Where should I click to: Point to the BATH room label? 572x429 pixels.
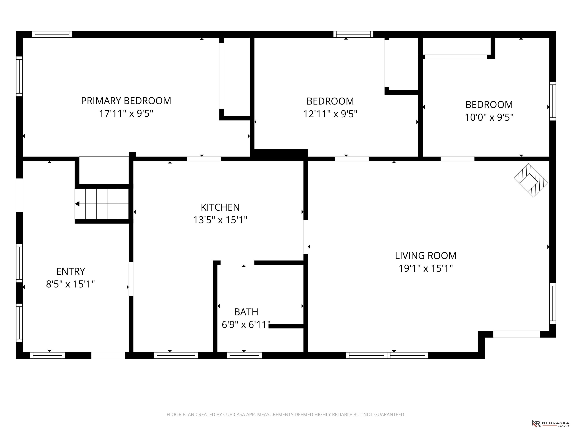point(246,312)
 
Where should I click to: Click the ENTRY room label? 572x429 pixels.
point(71,271)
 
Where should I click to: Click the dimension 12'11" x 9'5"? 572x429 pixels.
point(330,114)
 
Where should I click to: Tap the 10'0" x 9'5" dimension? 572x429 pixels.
point(489,117)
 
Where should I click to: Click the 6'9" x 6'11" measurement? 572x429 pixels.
point(246,325)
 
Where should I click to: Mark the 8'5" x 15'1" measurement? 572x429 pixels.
point(70,284)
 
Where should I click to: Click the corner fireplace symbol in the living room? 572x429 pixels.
point(531,180)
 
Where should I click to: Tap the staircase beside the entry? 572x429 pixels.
point(102,204)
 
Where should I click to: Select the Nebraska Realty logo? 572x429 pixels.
point(550,423)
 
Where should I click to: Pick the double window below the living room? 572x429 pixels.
point(387,355)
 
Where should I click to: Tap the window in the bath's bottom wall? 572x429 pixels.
point(244,355)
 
